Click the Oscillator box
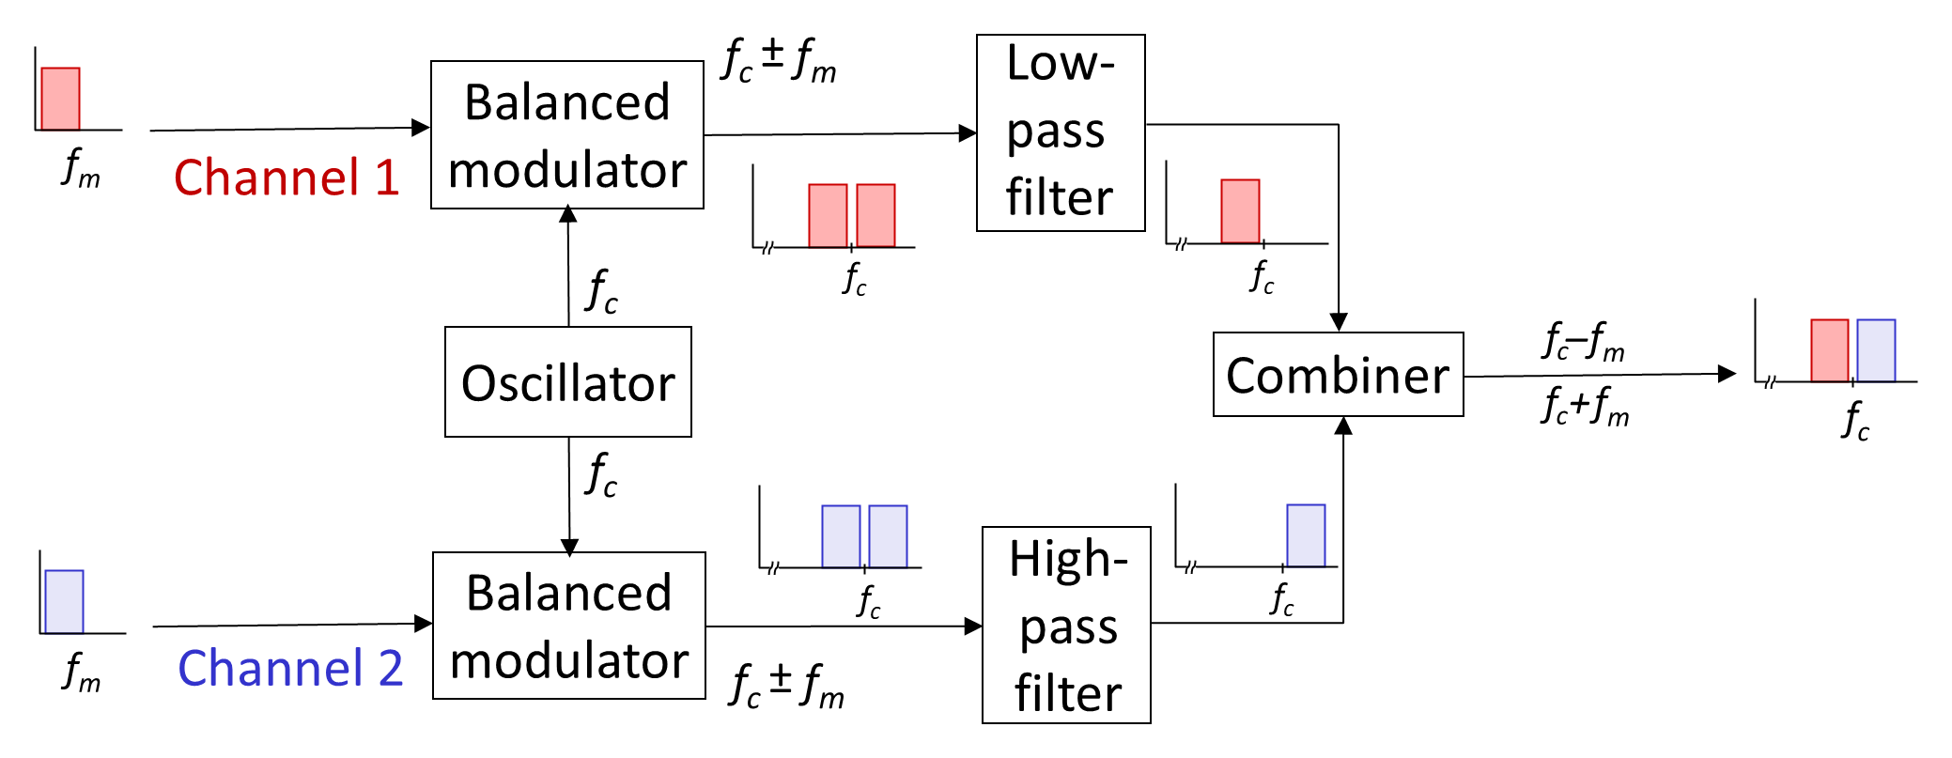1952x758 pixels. (568, 381)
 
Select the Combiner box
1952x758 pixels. (1339, 374)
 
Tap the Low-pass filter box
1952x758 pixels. (1061, 132)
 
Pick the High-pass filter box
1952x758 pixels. (1066, 625)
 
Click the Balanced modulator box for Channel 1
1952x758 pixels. (567, 134)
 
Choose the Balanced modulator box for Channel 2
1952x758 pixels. (569, 626)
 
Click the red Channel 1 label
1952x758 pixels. (287, 177)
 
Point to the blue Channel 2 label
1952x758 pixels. (290, 668)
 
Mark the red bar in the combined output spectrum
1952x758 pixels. (1829, 350)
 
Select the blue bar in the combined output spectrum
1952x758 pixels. (1876, 350)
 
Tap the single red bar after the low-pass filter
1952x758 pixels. (1240, 211)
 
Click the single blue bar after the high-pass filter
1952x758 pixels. (1306, 535)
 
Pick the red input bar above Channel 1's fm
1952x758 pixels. (60, 99)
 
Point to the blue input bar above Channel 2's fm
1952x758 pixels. (64, 602)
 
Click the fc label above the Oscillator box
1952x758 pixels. (601, 291)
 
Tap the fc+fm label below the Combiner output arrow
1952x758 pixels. (1586, 406)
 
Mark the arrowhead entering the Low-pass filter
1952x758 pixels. (968, 133)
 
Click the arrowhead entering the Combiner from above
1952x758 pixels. (1339, 322)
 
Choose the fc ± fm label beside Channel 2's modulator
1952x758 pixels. (787, 686)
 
